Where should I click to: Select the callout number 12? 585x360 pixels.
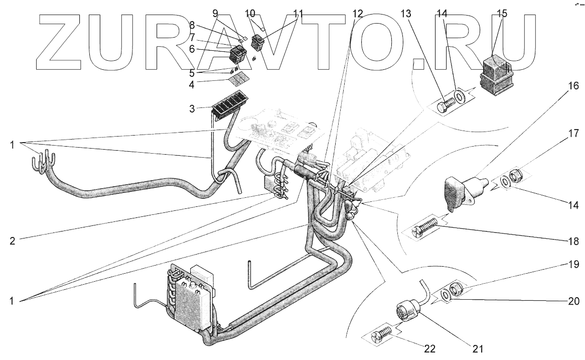click(357, 14)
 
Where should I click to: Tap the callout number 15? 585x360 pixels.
click(502, 14)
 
